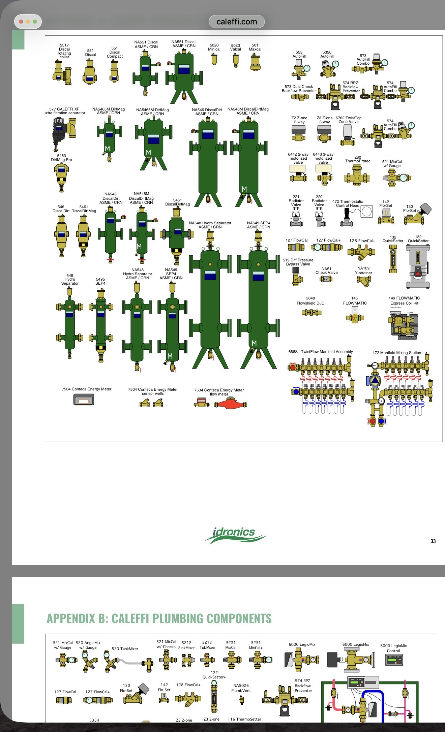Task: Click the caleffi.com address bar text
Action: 237,22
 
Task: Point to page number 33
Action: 433,541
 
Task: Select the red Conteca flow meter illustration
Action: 231,403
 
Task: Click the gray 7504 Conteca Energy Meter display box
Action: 84,400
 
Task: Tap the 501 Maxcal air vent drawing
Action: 255,62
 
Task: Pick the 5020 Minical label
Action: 214,47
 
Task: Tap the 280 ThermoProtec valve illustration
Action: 357,176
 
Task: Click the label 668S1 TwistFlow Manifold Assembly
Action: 321,352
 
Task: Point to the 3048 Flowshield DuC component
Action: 311,313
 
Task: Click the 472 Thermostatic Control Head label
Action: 348,203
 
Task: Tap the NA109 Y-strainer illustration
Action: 364,281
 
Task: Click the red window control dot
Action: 21,22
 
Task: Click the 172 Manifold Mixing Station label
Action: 397,353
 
